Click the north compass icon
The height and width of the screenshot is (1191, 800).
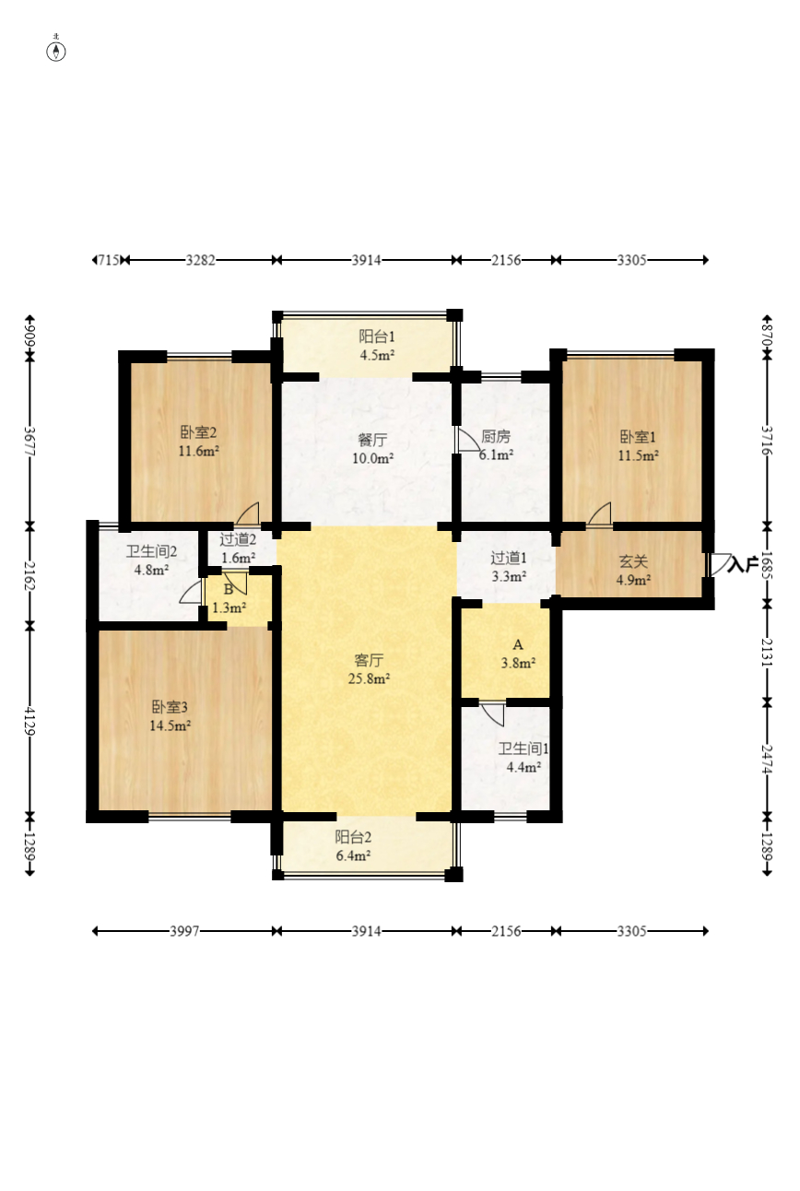click(x=56, y=50)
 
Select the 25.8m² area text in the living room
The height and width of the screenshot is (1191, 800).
click(x=369, y=678)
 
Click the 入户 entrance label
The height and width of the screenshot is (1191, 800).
click(x=743, y=565)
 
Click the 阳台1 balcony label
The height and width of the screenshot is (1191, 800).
click(x=377, y=336)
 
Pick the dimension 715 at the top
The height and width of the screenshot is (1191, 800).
click(x=109, y=261)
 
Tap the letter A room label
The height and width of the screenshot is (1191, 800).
click(x=518, y=645)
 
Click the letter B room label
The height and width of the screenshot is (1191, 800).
click(x=229, y=589)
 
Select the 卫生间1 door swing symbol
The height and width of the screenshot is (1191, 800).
click(x=493, y=713)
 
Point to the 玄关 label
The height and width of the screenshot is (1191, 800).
click(x=633, y=561)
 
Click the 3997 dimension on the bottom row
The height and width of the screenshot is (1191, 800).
click(x=184, y=931)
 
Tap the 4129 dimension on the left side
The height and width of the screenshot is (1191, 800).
click(x=29, y=722)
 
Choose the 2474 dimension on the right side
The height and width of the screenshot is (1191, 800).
click(x=767, y=759)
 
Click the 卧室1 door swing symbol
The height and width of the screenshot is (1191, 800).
click(x=600, y=514)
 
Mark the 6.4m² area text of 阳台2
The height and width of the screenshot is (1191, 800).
click(x=353, y=855)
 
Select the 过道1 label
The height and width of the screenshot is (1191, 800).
click(x=509, y=559)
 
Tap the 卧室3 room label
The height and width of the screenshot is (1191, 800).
click(x=171, y=707)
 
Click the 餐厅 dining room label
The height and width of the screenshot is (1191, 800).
click(x=372, y=440)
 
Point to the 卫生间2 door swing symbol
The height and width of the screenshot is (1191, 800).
click(x=192, y=591)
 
